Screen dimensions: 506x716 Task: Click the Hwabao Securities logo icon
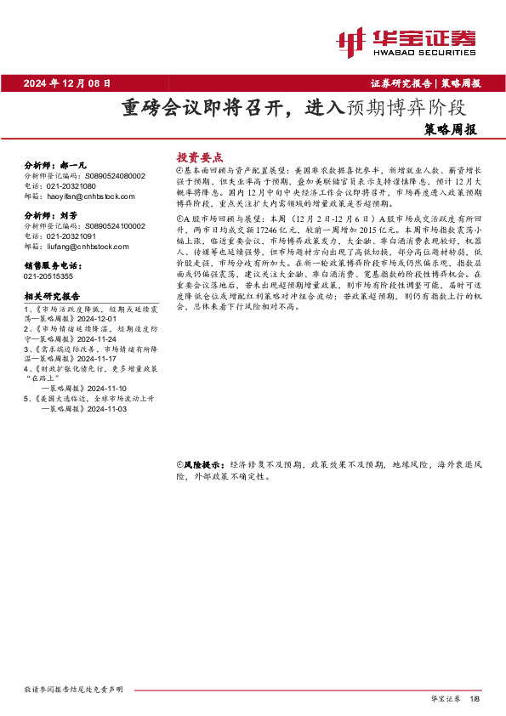(x=351, y=41)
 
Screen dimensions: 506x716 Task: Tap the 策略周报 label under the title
(x=449, y=130)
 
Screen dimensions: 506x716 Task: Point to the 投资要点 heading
(x=199, y=157)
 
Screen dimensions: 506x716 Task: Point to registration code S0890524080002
(x=116, y=175)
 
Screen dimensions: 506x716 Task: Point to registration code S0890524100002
(x=116, y=226)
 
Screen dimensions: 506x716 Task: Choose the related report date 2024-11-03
(x=105, y=408)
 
